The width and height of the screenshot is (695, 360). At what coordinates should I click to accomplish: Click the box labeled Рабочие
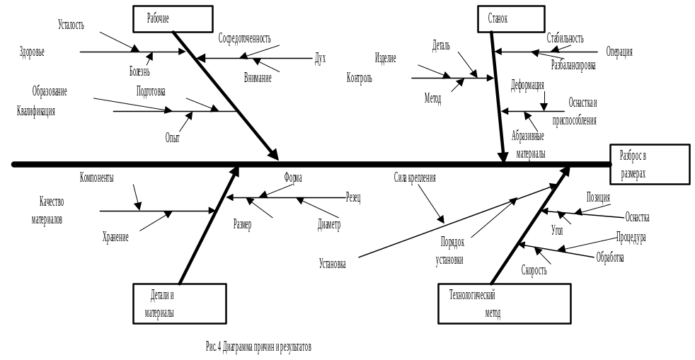173,18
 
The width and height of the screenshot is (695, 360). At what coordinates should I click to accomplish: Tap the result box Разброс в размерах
649,164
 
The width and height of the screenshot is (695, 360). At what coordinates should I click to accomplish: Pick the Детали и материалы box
180,303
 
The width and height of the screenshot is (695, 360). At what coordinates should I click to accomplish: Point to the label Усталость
71,25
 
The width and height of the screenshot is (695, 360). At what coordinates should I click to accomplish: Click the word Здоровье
32,52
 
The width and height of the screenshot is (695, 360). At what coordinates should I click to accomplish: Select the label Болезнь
139,71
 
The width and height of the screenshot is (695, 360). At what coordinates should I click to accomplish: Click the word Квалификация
35,111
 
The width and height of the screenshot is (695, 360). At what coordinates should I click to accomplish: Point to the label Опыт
173,137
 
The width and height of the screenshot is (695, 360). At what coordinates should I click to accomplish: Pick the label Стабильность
565,35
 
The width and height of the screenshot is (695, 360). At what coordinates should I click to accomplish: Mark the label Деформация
528,84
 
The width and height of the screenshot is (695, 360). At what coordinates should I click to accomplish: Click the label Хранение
115,238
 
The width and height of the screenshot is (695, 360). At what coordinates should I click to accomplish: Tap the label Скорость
534,269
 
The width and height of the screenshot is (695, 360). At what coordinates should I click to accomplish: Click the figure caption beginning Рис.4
258,346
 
